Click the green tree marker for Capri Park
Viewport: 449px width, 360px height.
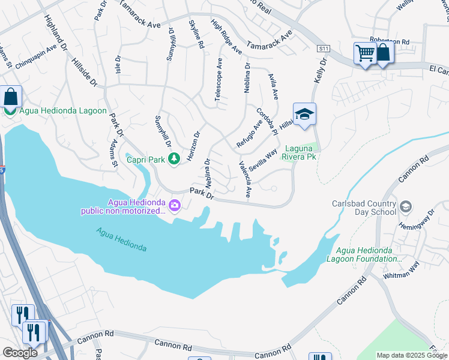tap(174, 159)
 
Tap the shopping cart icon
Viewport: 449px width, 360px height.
tap(365, 54)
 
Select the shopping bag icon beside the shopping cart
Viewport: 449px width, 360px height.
tap(382, 53)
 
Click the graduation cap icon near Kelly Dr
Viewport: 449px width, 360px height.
tap(304, 114)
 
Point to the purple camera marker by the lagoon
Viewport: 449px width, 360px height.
tap(175, 206)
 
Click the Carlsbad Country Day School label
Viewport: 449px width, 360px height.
tap(364, 207)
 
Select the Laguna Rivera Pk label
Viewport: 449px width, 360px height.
tap(299, 153)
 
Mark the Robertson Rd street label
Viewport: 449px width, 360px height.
tap(389, 41)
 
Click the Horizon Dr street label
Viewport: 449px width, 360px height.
tap(193, 145)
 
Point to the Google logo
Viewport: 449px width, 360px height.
tap(20, 353)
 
